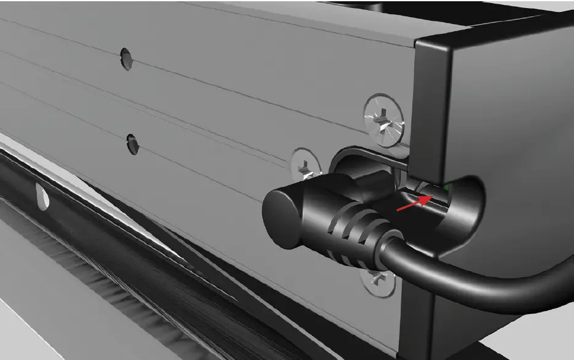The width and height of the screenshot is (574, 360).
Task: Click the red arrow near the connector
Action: pyautogui.click(x=411, y=204)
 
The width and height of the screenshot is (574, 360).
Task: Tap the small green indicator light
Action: pyautogui.click(x=447, y=186)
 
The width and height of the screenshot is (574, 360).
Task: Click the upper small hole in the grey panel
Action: pyautogui.click(x=126, y=58)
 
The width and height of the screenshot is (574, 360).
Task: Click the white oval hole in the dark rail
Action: pyautogui.click(x=42, y=196)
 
